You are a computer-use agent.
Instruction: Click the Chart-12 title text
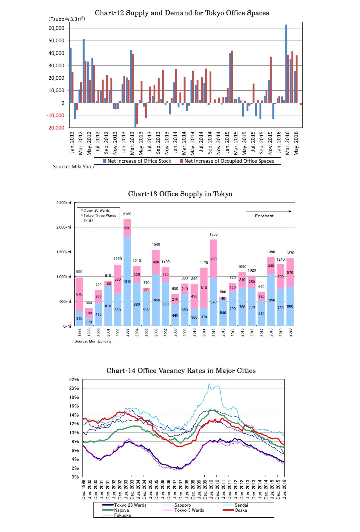(182, 13)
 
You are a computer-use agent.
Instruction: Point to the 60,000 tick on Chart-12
(56, 28)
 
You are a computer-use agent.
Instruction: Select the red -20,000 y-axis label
(55, 128)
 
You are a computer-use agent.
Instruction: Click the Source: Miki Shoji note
(73, 167)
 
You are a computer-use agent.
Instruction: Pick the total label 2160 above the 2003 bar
(127, 214)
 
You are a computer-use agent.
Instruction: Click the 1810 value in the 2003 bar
(127, 281)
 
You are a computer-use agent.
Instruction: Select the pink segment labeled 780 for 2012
(213, 259)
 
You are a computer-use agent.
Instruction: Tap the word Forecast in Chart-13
(264, 216)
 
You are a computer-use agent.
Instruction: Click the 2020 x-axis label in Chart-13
(290, 333)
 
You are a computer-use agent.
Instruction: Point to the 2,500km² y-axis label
(64, 203)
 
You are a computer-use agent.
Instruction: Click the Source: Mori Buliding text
(93, 341)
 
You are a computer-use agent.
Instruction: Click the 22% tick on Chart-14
(74, 379)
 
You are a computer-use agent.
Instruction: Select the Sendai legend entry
(241, 505)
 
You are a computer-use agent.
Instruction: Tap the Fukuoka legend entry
(122, 515)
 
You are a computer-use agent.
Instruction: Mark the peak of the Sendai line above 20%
(209, 383)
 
